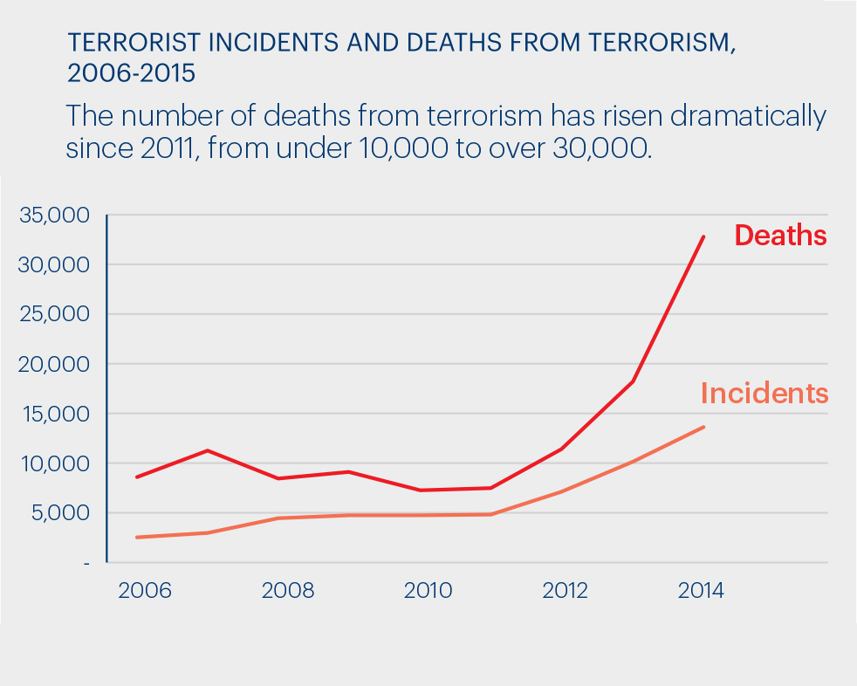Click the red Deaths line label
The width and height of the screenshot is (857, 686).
(x=780, y=236)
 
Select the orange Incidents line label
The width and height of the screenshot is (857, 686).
(x=764, y=394)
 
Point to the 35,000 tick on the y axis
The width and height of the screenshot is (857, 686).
(x=54, y=215)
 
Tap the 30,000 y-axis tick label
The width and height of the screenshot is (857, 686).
(x=54, y=264)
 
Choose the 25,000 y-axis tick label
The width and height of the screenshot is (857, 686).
(x=54, y=314)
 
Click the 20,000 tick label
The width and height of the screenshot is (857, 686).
(x=54, y=364)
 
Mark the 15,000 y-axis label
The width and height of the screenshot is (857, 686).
(x=54, y=414)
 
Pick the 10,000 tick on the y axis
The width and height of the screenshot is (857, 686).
(x=54, y=463)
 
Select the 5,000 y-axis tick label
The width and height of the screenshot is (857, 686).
(x=59, y=513)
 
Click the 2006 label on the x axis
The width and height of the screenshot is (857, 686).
(x=145, y=591)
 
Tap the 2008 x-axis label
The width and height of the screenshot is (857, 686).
(x=287, y=591)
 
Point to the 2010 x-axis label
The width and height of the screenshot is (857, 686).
(x=428, y=591)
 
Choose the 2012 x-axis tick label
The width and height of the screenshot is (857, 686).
(x=566, y=591)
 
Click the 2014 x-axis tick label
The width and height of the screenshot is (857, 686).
(x=701, y=591)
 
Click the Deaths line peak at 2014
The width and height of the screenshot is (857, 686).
(x=703, y=237)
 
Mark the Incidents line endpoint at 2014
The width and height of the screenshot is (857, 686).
(x=703, y=427)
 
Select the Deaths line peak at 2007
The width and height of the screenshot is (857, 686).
(x=207, y=450)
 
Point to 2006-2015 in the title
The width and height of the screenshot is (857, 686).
(x=131, y=73)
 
